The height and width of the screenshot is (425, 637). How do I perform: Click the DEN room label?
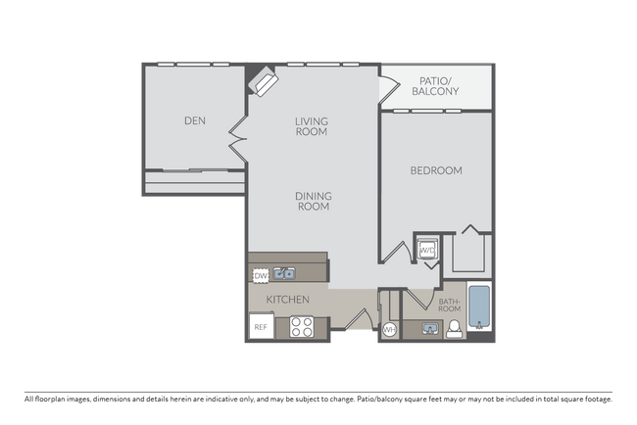pyautogui.click(x=194, y=121)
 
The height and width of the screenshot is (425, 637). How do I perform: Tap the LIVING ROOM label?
pyautogui.click(x=312, y=126)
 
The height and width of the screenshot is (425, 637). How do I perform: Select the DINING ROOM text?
pyautogui.click(x=312, y=201)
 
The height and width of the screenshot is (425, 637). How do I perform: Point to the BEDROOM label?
pyautogui.click(x=435, y=170)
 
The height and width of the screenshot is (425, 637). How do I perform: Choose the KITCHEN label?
pyautogui.click(x=287, y=300)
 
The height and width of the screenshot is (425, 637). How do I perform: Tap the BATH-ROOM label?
pyautogui.click(x=449, y=306)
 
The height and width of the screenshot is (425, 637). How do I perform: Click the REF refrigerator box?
pyautogui.click(x=261, y=327)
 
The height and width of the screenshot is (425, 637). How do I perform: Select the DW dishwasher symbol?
pyautogui.click(x=261, y=276)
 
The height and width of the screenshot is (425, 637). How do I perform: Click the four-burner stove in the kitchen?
pyautogui.click(x=301, y=327)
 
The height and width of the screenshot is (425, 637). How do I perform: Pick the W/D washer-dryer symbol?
pyautogui.click(x=428, y=251)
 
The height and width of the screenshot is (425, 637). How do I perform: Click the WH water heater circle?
pyautogui.click(x=389, y=329)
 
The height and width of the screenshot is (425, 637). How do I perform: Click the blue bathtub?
pyautogui.click(x=478, y=307)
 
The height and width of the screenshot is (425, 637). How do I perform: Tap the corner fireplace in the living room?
pyautogui.click(x=265, y=80)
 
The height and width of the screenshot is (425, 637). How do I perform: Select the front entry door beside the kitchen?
pyautogui.click(x=359, y=321)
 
